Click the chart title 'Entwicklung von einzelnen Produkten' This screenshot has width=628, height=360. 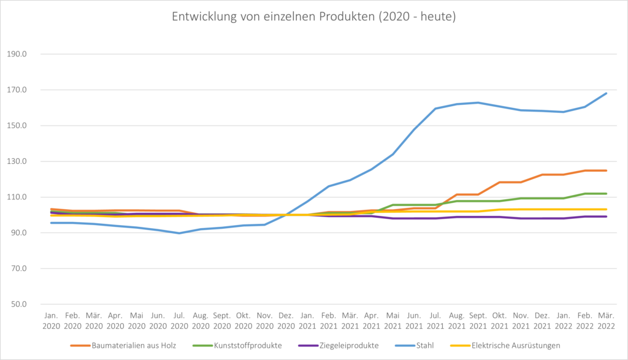coord(313,17)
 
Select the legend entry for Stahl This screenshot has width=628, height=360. coord(423,345)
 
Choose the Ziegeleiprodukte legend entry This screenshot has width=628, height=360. coord(349,345)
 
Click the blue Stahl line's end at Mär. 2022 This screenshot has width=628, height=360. coord(607,93)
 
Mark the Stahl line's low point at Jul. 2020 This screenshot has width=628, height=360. coord(180,233)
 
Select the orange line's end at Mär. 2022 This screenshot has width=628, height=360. coord(607,170)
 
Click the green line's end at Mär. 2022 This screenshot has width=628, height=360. coord(607,194)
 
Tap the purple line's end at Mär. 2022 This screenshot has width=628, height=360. coord(607,216)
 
